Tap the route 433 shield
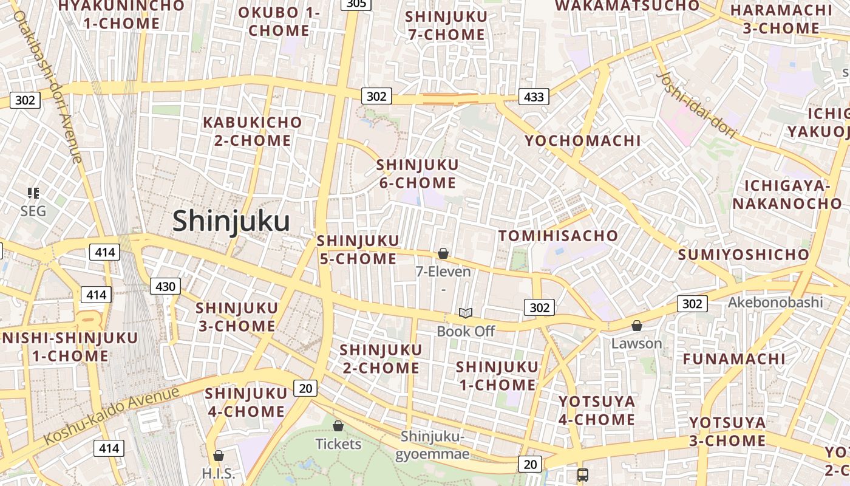click(534, 97)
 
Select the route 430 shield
click(165, 287)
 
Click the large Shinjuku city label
click(231, 221)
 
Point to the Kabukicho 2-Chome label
click(252, 131)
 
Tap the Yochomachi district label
click(582, 141)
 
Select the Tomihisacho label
click(558, 236)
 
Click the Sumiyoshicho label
click(743, 255)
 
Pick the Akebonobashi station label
click(775, 302)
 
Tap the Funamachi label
click(733, 359)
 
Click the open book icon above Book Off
click(466, 313)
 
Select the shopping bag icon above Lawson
click(636, 326)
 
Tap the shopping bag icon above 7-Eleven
click(443, 253)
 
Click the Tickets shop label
click(338, 444)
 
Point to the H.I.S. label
click(218, 473)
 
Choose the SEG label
click(33, 211)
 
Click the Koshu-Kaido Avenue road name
click(112, 414)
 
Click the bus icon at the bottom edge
click(582, 474)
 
